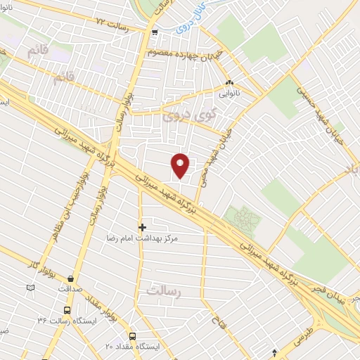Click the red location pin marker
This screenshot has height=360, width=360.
pos(181,165)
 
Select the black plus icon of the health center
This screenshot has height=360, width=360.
pos(142,227)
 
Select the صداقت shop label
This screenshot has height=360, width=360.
pos(70,288)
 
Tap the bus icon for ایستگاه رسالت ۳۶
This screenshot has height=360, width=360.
pos(67,310)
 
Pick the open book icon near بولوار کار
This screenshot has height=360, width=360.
pos(30,288)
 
